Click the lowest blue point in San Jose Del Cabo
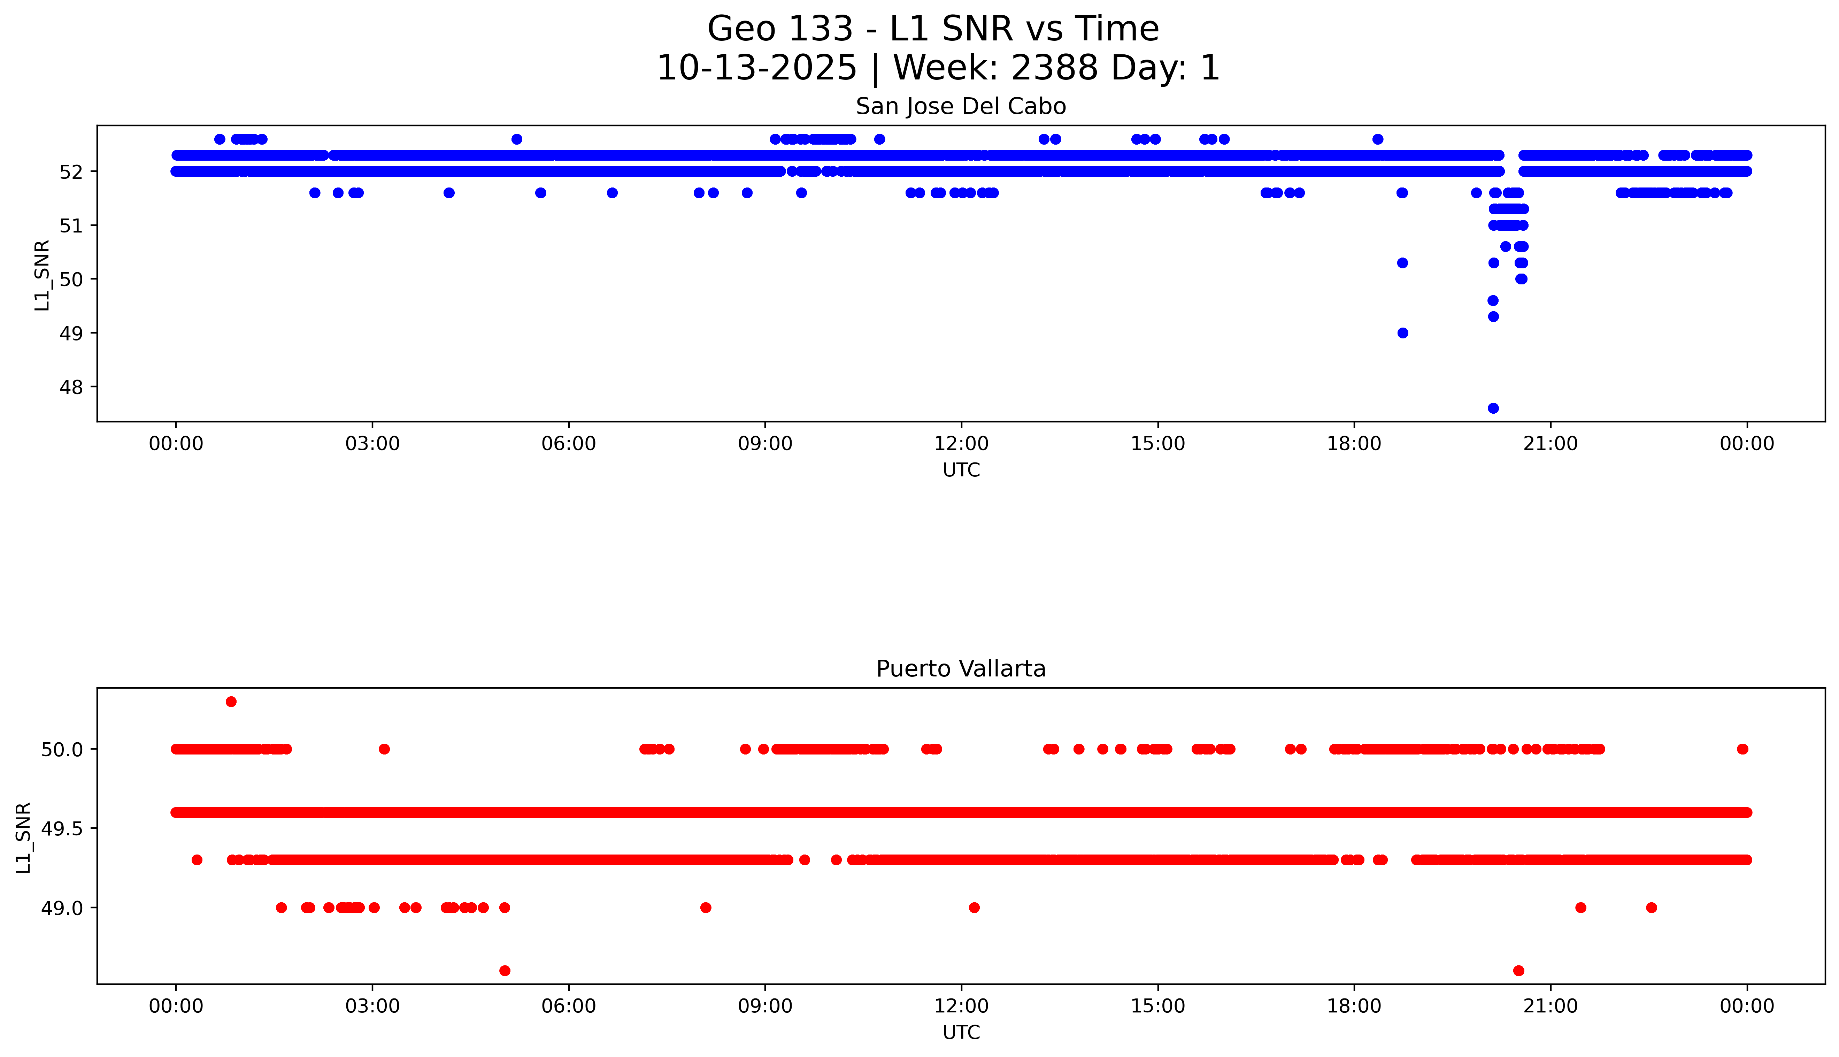click(1493, 408)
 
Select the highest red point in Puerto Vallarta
click(231, 701)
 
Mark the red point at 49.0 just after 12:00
click(975, 907)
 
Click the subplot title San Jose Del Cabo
click(961, 107)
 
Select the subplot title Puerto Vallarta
click(961, 669)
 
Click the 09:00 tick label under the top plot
click(765, 444)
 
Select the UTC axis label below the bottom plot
click(961, 1032)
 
